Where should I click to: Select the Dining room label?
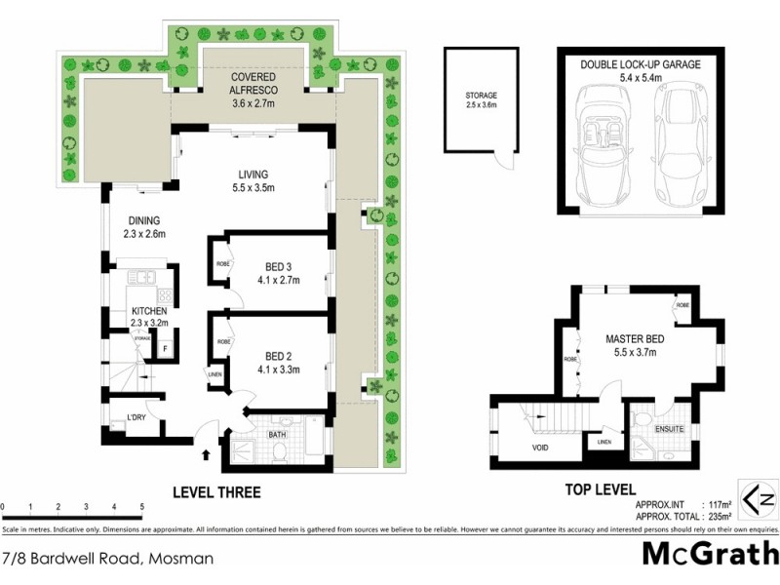[143, 220]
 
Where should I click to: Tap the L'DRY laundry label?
[136, 419]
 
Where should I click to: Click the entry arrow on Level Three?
[206, 453]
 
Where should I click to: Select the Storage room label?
[481, 96]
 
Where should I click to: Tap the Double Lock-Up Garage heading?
[641, 64]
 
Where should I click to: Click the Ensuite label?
[669, 428]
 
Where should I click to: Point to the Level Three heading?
[216, 492]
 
